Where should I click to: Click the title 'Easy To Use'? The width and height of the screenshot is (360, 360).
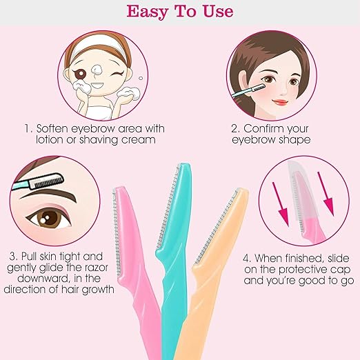(179, 12)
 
